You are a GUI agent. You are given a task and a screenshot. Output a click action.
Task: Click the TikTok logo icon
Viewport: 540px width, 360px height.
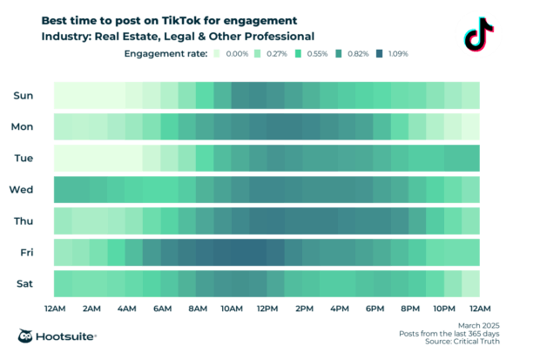click(x=479, y=34)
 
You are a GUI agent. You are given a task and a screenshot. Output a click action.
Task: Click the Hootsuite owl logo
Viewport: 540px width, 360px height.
click(x=27, y=336)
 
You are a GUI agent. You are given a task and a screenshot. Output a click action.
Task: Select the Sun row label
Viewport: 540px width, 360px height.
click(x=22, y=95)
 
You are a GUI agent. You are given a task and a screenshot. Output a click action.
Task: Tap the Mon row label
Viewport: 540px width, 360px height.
click(x=22, y=126)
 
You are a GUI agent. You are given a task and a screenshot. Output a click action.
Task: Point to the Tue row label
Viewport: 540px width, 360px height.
click(x=23, y=158)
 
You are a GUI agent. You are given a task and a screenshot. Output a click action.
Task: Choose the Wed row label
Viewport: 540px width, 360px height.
click(x=22, y=189)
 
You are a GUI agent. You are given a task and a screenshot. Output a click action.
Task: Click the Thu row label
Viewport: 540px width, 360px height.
click(x=23, y=221)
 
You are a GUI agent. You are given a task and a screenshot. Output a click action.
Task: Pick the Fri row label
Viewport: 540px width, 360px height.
click(x=25, y=252)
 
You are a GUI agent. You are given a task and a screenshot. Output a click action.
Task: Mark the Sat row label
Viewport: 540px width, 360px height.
click(x=24, y=283)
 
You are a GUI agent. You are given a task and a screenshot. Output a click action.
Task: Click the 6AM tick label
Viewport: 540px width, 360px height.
click(x=161, y=309)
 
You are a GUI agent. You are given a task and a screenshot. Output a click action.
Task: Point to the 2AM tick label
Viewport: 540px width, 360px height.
click(x=90, y=309)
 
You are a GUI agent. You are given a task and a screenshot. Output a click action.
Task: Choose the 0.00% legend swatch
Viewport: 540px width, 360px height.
click(x=218, y=54)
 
